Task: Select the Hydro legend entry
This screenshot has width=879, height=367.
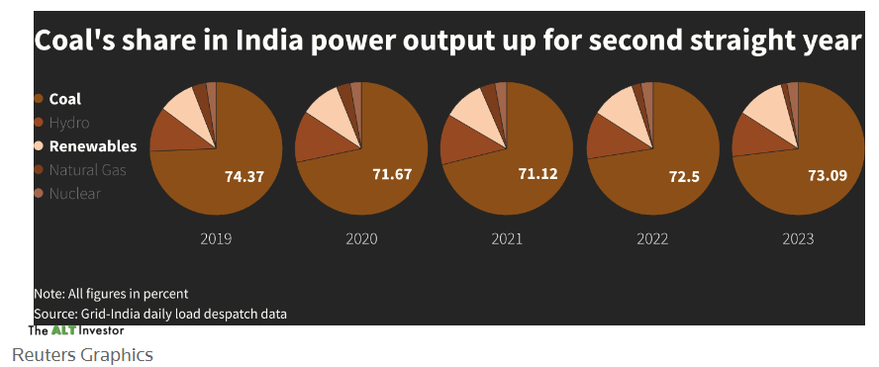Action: pyautogui.click(x=68, y=123)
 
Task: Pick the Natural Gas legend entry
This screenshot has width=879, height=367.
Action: pyautogui.click(x=87, y=170)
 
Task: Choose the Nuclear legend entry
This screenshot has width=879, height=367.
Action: pyautogui.click(x=74, y=194)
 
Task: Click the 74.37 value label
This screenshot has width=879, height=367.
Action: pyautogui.click(x=244, y=177)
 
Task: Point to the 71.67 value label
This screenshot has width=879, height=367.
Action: pyautogui.click(x=392, y=175)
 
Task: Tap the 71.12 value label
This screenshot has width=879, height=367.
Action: pyautogui.click(x=538, y=174)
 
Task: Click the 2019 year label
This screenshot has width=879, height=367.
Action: pyautogui.click(x=216, y=238)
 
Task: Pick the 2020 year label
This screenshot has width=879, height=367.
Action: pyautogui.click(x=362, y=238)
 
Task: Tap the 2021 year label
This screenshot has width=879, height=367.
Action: pyautogui.click(x=508, y=238)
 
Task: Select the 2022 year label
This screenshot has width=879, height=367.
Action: pyautogui.click(x=653, y=238)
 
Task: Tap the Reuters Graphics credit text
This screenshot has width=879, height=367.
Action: pyautogui.click(x=82, y=354)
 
